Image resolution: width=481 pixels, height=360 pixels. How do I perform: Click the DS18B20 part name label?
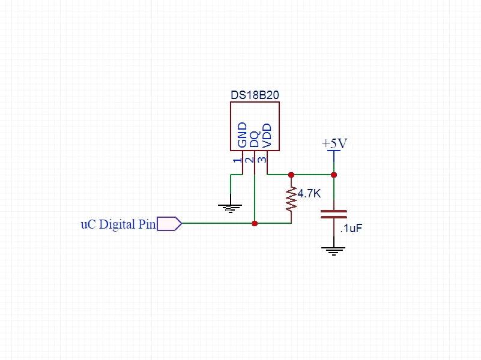[255, 95]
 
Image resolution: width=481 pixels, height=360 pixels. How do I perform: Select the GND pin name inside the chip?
[243, 135]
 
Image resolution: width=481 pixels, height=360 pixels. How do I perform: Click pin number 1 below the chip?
[238, 160]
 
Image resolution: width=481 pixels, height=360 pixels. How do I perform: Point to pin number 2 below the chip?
[250, 160]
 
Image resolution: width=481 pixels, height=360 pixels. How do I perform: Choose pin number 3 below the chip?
[262, 160]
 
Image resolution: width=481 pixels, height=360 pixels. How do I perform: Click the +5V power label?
[334, 144]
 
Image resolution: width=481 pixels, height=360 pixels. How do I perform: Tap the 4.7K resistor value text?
[309, 194]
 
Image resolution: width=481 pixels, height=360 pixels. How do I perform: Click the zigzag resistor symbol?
[291, 199]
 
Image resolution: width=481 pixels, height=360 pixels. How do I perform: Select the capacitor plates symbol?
[334, 214]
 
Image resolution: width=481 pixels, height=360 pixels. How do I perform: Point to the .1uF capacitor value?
[351, 229]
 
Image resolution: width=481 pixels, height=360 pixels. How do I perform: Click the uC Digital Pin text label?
[118, 224]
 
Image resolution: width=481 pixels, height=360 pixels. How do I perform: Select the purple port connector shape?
[169, 224]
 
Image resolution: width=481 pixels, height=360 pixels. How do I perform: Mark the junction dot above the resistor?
[291, 175]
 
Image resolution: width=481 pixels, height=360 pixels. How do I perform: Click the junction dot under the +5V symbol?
[334, 175]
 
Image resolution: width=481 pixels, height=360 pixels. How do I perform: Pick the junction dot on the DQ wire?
[255, 223]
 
